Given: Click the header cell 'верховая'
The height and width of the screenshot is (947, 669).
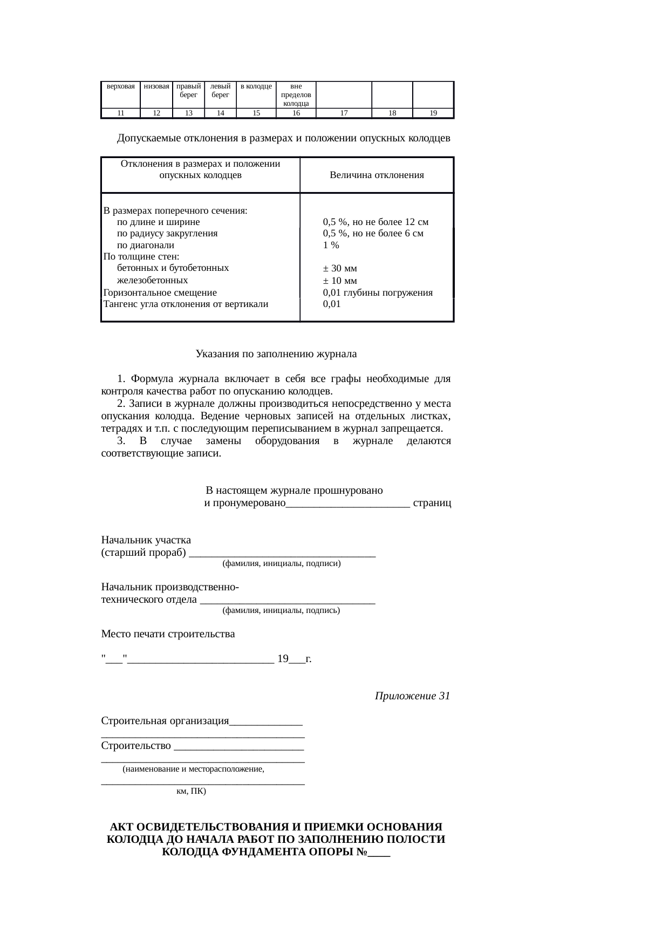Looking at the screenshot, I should point(121,86).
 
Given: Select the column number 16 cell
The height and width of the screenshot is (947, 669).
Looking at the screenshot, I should point(296,113).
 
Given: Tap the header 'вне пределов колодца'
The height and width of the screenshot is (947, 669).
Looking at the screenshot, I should point(296,94).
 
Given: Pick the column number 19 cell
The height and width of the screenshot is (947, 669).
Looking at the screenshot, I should point(433,113).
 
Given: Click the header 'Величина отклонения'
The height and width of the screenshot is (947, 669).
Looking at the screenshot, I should point(377,175).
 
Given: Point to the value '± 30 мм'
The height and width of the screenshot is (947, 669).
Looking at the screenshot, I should point(340,268).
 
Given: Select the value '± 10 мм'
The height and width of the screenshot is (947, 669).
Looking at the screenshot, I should point(340,281).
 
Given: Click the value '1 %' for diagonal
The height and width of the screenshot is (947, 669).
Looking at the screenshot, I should point(331,245).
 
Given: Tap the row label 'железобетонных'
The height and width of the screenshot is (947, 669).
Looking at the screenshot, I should point(153,280).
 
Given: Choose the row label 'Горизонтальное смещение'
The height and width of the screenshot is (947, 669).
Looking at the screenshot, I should point(160,292).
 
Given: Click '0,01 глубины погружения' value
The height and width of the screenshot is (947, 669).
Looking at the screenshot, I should point(378,292).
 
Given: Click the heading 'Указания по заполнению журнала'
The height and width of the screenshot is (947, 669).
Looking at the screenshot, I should point(276,354).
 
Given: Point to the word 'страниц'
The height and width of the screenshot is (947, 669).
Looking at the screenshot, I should point(432,503).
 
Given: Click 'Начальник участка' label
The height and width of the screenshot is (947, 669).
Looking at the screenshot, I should point(146,540).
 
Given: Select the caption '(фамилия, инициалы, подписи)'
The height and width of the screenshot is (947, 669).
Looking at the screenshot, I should point(281,563).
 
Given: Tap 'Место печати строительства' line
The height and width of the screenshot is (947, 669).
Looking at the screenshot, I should point(168,634).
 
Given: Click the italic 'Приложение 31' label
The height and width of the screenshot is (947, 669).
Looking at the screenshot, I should point(412,696).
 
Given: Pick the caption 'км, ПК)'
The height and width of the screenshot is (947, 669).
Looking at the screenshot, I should point(191,792).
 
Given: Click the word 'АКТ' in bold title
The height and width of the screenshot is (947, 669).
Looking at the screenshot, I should point(122,827).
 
